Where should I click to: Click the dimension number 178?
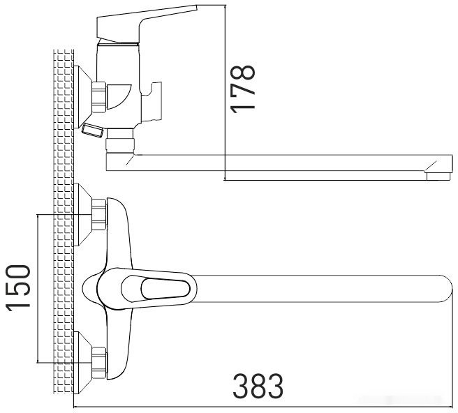point(244,88)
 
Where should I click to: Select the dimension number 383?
point(258,385)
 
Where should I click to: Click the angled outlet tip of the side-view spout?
point(436,170)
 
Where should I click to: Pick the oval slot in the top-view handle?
point(164,287)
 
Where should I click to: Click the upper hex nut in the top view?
point(99,214)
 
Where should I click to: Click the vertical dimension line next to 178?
point(225,91)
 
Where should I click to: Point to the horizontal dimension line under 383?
point(265,407)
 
